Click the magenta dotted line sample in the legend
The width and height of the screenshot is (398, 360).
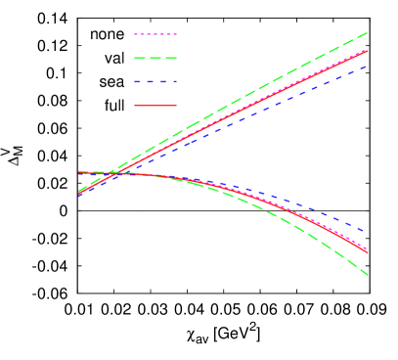155,34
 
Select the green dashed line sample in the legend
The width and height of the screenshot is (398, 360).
155,58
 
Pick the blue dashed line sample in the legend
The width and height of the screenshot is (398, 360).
155,81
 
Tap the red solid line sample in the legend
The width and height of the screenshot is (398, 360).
155,105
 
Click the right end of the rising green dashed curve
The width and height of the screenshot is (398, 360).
368,32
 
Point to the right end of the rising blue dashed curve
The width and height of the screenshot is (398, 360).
368,65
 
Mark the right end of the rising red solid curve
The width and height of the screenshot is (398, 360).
368,50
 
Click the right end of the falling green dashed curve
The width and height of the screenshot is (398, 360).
368,275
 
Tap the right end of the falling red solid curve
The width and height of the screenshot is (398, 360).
368,252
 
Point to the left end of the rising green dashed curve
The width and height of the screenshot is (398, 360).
79,191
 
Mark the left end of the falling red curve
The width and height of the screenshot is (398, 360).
79,172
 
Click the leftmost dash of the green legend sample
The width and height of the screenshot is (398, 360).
140,58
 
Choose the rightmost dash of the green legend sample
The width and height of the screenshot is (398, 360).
170,58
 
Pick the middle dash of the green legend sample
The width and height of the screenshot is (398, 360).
155,58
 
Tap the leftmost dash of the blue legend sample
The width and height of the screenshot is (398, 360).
138,81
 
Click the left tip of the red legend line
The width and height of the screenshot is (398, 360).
135,105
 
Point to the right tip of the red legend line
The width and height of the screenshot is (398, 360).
176,105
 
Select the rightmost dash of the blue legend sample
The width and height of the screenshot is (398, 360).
172,81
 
